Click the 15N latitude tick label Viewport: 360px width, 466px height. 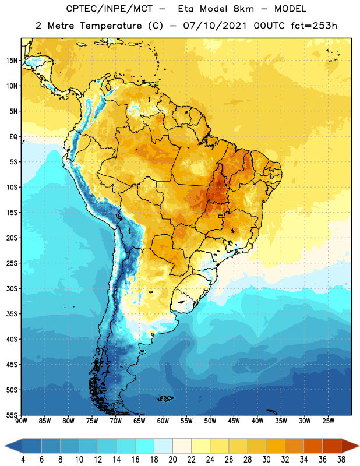pyautogui.click(x=12, y=61)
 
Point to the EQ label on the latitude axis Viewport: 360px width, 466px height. pyautogui.click(x=13, y=137)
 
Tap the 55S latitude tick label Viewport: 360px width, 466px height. pyautogui.click(x=12, y=415)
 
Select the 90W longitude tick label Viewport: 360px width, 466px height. pyautogui.click(x=22, y=421)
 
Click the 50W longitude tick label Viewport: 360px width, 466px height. pyautogui.click(x=210, y=421)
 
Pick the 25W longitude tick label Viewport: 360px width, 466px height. pyautogui.click(x=328, y=421)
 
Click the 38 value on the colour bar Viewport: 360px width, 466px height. pyautogui.click(x=341, y=460)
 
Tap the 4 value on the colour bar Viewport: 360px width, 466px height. pyautogui.click(x=23, y=460)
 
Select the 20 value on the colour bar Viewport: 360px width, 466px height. pyautogui.click(x=172, y=460)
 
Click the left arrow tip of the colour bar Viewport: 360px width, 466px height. pyautogui.click(x=5, y=446)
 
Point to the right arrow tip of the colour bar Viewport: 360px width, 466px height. pyautogui.click(x=359, y=446)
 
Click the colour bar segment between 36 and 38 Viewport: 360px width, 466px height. pyautogui.click(x=332, y=446)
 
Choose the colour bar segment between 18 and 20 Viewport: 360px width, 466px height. pyautogui.click(x=164, y=446)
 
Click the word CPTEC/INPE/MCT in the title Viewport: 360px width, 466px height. pyautogui.click(x=109, y=9)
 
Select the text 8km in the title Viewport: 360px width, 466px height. pyautogui.click(x=243, y=9)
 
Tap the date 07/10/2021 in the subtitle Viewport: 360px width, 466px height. pyautogui.click(x=215, y=26)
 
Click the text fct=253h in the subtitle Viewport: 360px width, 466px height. pyautogui.click(x=314, y=26)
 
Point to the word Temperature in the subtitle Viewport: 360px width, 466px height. pyautogui.click(x=111, y=26)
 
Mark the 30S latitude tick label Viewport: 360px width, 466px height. pyautogui.click(x=12, y=288)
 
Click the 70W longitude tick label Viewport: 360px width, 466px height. pyautogui.click(x=116, y=421)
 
